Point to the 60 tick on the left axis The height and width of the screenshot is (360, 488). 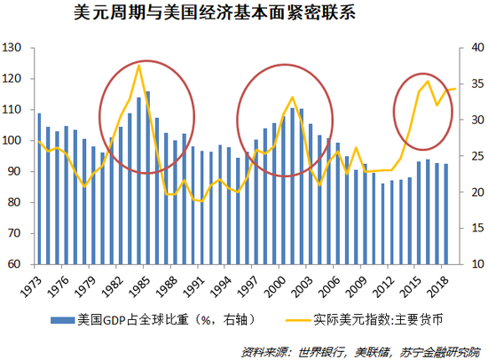pos(15,264)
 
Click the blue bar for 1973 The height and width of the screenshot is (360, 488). pos(39,188)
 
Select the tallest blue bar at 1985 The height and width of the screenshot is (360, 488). pos(147,177)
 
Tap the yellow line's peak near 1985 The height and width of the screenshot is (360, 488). pos(139,65)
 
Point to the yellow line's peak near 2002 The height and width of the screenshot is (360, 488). pos(292,97)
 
